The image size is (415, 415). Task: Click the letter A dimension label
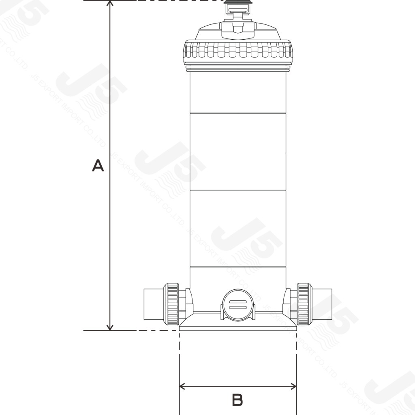(98, 165)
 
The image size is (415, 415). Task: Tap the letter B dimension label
(237, 400)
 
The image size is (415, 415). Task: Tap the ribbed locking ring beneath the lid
(238, 52)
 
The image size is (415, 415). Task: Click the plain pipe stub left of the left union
(153, 304)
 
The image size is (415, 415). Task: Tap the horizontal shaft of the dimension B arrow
(238, 387)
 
